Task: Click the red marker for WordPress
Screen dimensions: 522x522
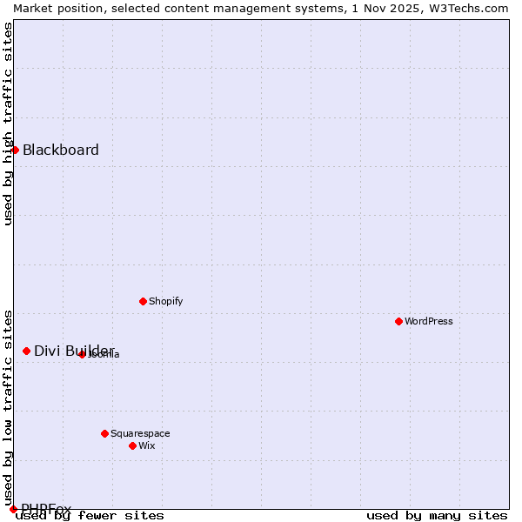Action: pos(398,321)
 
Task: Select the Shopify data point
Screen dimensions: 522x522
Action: pos(143,301)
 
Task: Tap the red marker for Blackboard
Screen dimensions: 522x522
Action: pos(15,150)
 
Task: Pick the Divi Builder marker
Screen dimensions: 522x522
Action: pos(26,351)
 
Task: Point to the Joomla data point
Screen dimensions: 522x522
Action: pos(82,354)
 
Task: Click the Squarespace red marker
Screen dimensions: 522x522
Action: pos(104,433)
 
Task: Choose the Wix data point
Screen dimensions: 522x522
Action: pos(132,445)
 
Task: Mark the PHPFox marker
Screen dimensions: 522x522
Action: pos(13,509)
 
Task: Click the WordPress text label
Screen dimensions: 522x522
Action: pos(429,321)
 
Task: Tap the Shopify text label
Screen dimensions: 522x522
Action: pos(166,301)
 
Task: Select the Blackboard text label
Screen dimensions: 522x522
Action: pos(61,150)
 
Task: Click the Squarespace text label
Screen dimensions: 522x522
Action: pos(140,433)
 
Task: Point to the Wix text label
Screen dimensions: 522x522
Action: pos(147,445)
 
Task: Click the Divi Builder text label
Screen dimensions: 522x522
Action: pos(74,351)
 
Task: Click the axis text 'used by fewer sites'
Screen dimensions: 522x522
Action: pos(90,516)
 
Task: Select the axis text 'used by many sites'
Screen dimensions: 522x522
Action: pos(437,516)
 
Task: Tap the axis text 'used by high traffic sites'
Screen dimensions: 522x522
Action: pos(8,124)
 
